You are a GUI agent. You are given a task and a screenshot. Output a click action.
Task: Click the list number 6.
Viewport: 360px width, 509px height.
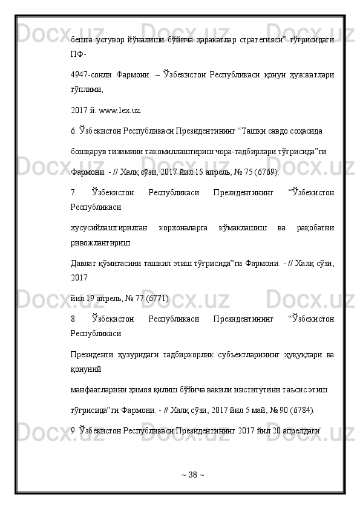click(73, 130)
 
